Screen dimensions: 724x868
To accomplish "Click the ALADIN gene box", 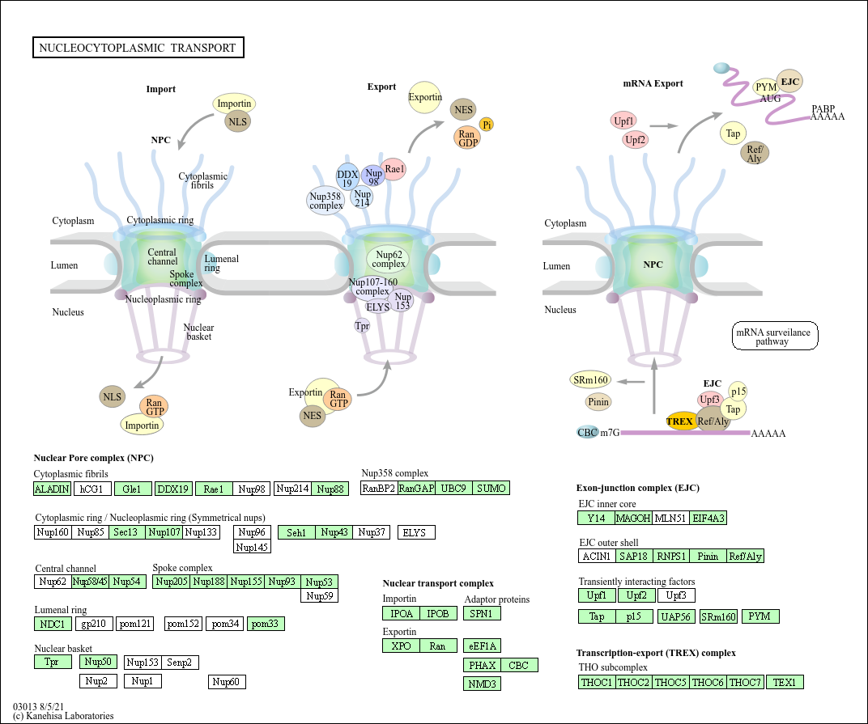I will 52,489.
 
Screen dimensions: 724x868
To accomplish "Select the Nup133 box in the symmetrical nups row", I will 202,532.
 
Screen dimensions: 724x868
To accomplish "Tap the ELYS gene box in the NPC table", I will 417,532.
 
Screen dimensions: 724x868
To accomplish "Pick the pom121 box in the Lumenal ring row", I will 135,624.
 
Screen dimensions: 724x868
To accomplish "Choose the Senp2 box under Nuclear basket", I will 180,663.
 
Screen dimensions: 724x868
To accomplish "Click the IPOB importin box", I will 438,613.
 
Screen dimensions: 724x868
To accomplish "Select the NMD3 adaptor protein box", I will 482,684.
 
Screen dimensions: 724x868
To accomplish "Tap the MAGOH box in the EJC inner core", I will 633,518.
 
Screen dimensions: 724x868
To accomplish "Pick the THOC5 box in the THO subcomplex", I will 670,683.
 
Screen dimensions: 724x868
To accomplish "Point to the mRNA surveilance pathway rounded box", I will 775,337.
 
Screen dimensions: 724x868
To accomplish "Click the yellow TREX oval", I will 680,421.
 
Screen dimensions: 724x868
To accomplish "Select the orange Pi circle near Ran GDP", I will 487,124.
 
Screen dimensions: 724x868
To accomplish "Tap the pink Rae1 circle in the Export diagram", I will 394,169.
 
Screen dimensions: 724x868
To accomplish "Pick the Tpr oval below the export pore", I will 362,326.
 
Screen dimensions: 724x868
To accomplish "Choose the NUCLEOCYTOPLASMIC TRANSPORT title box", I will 138,48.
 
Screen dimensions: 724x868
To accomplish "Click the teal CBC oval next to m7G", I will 588,432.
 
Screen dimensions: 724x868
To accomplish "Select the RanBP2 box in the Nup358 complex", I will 378,489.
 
